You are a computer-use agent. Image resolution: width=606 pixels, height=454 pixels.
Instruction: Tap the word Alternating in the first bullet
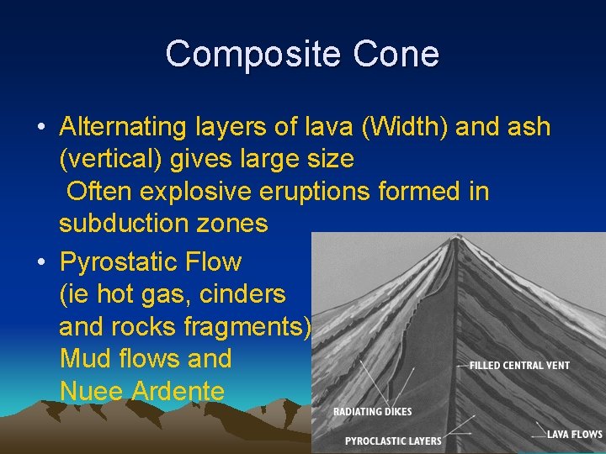pos(123,128)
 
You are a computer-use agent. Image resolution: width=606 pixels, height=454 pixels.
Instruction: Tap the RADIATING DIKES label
pos(374,412)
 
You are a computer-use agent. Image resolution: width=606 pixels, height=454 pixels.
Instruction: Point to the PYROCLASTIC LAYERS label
pos(393,441)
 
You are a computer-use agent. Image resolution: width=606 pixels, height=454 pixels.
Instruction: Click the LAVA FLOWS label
pos(574,435)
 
